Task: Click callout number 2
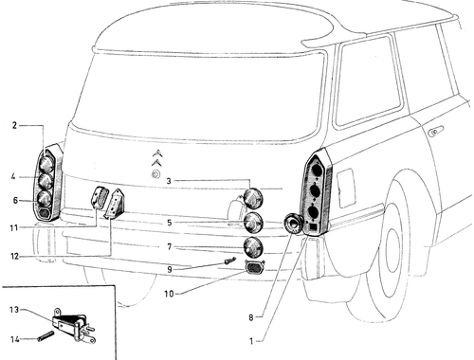(14, 125)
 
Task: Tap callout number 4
(13, 176)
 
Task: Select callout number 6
(15, 200)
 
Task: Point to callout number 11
(13, 227)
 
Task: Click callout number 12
(15, 256)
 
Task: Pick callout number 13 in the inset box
(14, 310)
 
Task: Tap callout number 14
(15, 339)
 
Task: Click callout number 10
(169, 294)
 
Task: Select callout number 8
(251, 317)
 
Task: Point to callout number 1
(251, 341)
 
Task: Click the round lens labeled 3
(254, 198)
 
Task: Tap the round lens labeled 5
(254, 222)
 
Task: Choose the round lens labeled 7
(253, 246)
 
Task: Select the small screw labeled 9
(230, 261)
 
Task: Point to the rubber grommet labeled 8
(293, 224)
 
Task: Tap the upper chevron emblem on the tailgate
(158, 153)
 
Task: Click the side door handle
(435, 131)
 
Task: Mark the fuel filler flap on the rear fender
(346, 188)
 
